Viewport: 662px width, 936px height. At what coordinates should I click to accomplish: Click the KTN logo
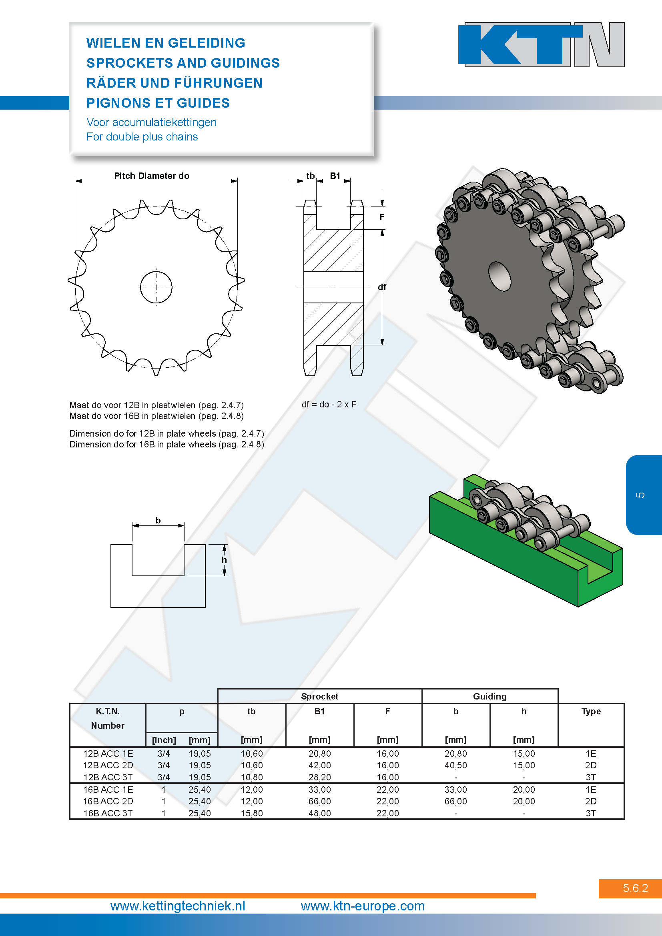(x=541, y=44)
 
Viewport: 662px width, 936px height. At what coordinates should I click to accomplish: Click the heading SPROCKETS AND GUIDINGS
(x=183, y=63)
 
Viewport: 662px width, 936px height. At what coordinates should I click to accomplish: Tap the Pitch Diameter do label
(x=152, y=176)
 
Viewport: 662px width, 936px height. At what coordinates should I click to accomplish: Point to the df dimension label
(x=382, y=287)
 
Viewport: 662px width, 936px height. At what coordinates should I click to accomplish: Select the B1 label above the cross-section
(x=335, y=176)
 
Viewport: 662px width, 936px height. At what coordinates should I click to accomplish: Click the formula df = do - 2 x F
(x=329, y=405)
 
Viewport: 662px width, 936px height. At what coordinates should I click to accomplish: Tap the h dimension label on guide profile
(x=224, y=560)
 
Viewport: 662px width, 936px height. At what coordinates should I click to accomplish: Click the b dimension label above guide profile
(x=158, y=520)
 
